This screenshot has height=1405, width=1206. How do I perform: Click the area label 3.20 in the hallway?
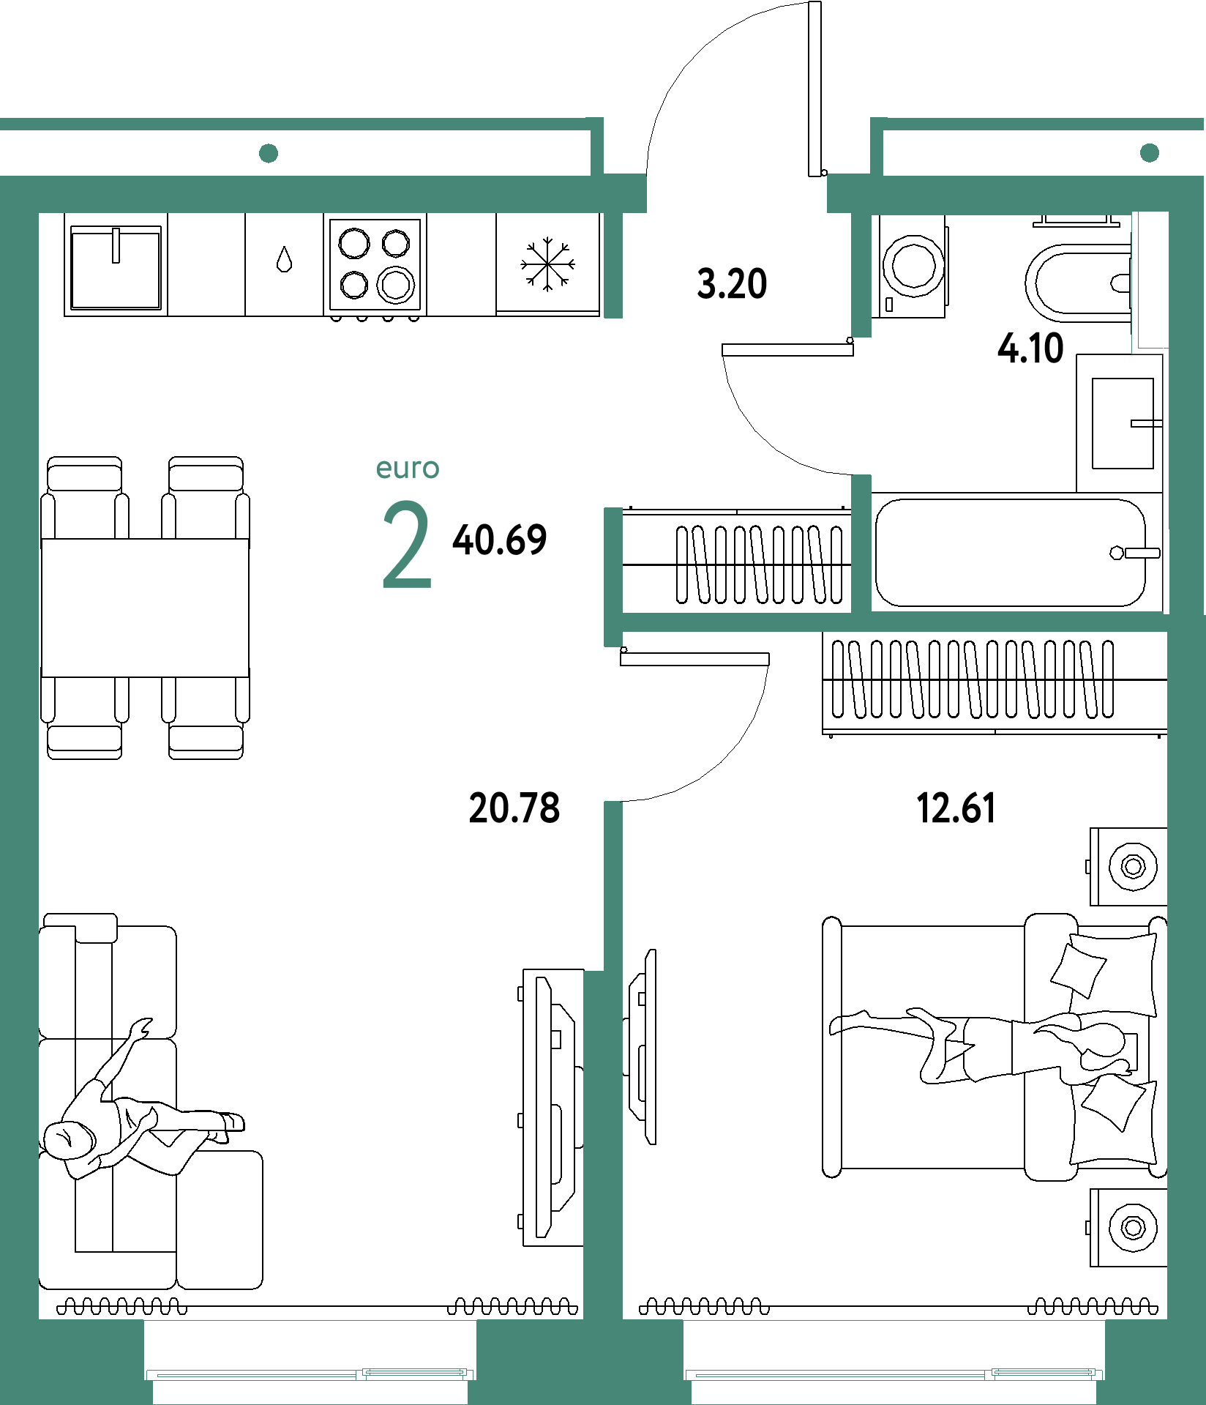[x=732, y=284]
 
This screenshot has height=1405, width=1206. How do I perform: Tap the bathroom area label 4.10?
[x=1030, y=348]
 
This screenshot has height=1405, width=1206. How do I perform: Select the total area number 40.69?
[x=500, y=540]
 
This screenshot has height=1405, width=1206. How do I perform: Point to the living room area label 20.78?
[x=514, y=808]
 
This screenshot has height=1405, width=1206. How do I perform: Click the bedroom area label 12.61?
[x=956, y=808]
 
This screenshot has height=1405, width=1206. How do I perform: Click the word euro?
[x=408, y=468]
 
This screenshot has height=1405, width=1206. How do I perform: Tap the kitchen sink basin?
[x=116, y=267]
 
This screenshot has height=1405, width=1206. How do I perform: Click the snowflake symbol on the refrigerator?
[x=547, y=264]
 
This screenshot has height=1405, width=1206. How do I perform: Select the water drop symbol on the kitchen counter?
[x=285, y=259]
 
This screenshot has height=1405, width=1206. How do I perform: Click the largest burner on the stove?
[x=396, y=285]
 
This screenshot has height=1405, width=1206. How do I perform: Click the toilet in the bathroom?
[x=1078, y=283]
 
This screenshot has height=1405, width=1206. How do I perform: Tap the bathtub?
[x=1011, y=553]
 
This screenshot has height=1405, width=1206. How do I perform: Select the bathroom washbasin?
[x=1123, y=423]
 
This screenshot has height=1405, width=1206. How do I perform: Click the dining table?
[x=145, y=608]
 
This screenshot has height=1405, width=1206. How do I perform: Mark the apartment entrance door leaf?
[x=814, y=89]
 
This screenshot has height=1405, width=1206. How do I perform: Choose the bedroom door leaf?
[x=694, y=659]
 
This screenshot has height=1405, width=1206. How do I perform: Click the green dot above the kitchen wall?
[x=269, y=153]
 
